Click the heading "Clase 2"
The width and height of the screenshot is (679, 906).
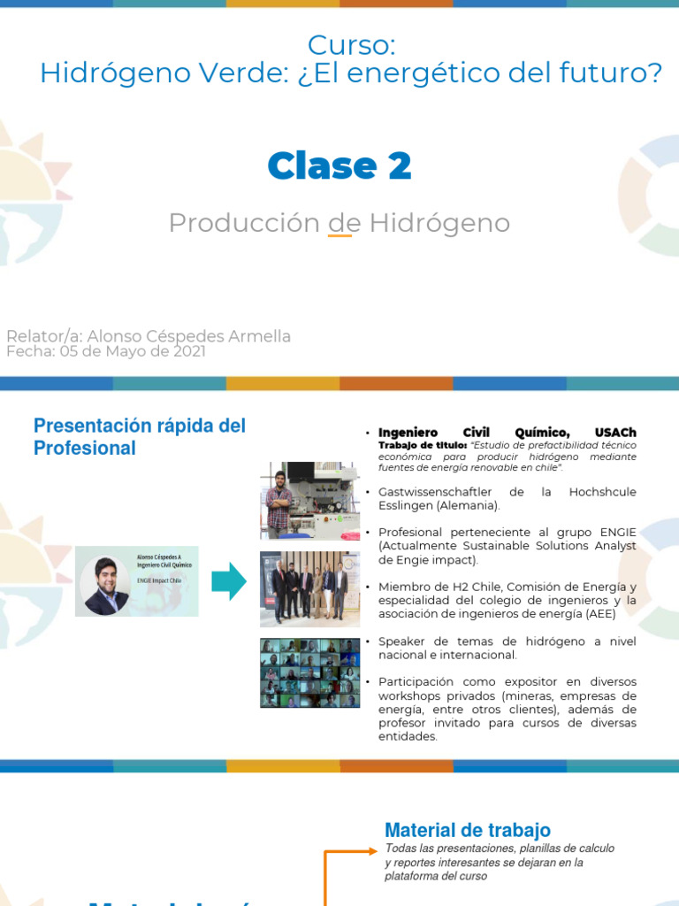click(339, 165)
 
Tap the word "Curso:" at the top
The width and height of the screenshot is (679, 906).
click(351, 45)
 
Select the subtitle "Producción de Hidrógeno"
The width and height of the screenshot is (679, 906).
click(339, 223)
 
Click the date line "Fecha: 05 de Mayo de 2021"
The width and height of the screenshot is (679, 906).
click(106, 351)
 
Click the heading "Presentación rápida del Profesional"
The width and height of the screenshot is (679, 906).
click(140, 436)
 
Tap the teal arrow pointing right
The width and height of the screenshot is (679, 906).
click(229, 580)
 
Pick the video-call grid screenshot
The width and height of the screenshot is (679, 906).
click(309, 672)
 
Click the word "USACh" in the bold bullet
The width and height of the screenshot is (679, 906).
click(615, 433)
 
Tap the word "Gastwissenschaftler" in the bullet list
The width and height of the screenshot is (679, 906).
click(431, 492)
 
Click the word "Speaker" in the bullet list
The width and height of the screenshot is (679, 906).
click(403, 641)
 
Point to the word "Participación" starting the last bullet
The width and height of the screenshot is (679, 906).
click(416, 681)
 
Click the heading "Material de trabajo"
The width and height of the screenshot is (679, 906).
click(468, 830)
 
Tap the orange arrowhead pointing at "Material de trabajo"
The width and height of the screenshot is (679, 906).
click(370, 852)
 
